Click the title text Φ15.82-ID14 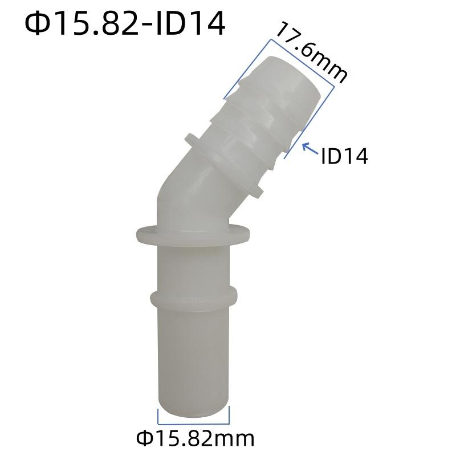[x=125, y=24]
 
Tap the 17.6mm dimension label [x=311, y=53]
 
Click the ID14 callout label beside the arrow [x=345, y=156]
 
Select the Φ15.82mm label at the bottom [x=195, y=438]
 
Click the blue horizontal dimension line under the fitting [x=193, y=424]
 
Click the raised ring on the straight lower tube [x=193, y=298]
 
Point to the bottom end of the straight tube [x=193, y=409]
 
